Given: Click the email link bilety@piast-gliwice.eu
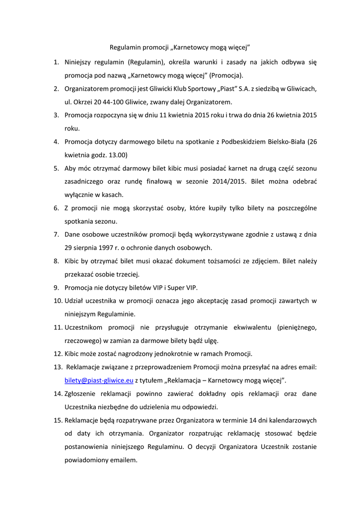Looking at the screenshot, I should tap(99, 380).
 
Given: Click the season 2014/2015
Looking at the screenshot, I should tap(223, 182).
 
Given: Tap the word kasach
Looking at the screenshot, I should tap(113, 194).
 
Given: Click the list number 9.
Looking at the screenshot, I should tap(57, 287).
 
